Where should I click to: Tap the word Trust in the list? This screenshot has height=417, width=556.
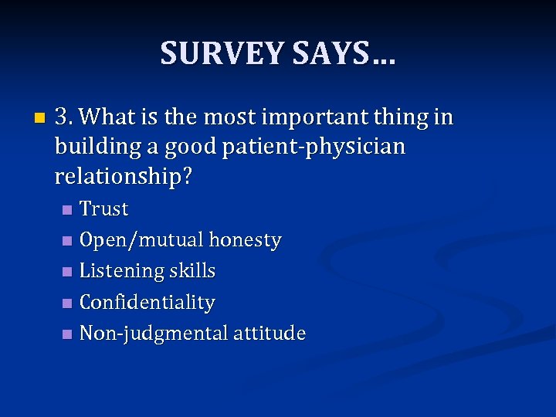pyautogui.click(x=104, y=209)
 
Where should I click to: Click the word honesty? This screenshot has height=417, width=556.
pyautogui.click(x=243, y=240)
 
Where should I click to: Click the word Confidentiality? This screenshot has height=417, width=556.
pyautogui.click(x=147, y=302)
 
